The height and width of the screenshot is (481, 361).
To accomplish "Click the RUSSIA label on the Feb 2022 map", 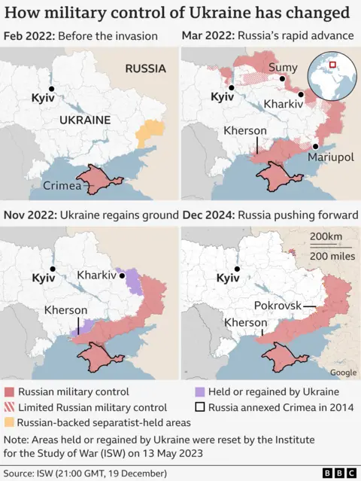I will coord(145,68).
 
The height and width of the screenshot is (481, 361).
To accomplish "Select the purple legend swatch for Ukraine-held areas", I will coord(199,391).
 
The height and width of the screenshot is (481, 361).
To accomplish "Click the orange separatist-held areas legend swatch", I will coord(10,422).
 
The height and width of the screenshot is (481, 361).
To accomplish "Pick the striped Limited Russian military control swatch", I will coord(10,406).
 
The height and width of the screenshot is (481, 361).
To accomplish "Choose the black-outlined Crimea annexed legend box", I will coord(199,406).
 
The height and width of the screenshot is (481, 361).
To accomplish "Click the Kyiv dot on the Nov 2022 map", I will coord(53,269).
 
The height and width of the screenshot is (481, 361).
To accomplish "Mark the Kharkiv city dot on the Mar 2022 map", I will coord(300,95).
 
